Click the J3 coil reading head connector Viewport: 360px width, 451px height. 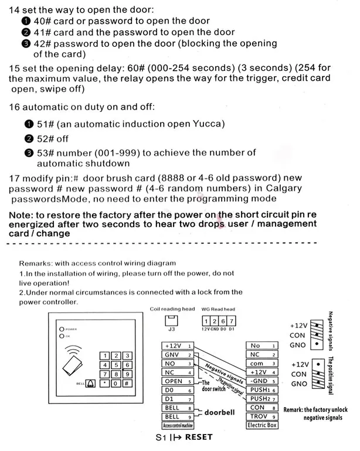(172, 321)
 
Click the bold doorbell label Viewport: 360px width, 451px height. (219, 412)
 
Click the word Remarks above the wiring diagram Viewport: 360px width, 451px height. (36, 264)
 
